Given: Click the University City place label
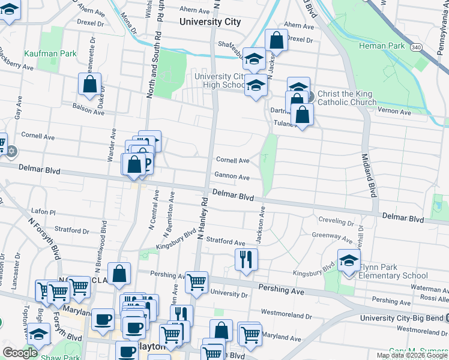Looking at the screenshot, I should coord(210,22).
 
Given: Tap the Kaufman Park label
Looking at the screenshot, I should coord(50,53).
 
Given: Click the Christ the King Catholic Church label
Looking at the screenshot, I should coord(345,98).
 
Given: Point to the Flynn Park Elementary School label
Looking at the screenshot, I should coord(393,271).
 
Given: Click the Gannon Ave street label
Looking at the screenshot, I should coord(232,177).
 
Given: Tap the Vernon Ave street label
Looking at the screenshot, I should coord(394,112).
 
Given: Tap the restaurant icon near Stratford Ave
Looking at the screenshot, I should coord(246,259).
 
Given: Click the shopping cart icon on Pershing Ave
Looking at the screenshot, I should coord(196,281).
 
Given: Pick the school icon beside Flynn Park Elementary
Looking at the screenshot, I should coord(348,260).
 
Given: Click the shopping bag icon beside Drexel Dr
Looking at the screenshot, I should coord(276,41).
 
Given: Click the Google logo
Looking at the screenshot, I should coord(20,353).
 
